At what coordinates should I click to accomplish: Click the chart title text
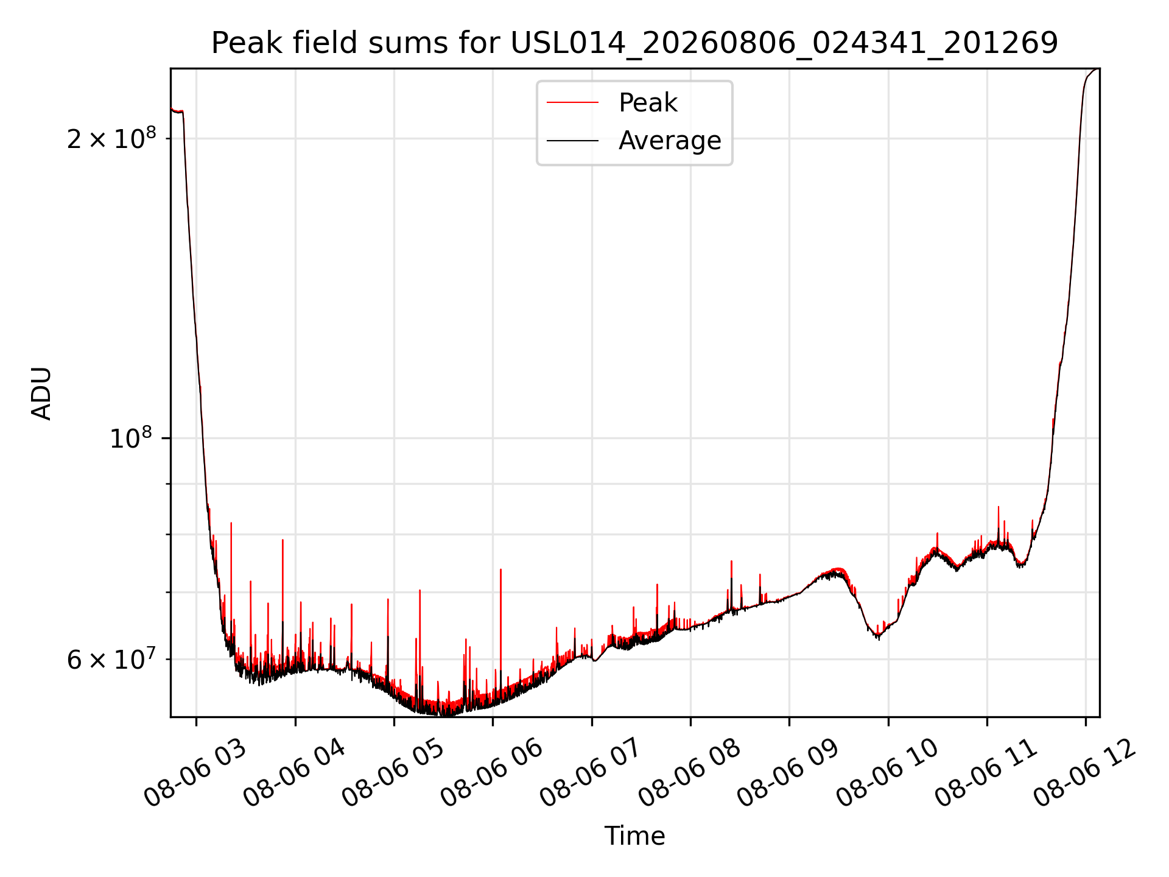(x=634, y=43)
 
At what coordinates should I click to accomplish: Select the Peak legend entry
(x=647, y=103)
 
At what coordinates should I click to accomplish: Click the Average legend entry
(x=670, y=141)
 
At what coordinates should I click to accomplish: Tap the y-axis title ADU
(x=41, y=393)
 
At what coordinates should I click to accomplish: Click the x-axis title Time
(x=634, y=836)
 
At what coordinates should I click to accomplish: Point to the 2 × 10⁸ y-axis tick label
(x=111, y=138)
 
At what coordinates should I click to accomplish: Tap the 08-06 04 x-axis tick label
(x=295, y=773)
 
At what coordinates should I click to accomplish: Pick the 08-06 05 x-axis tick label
(x=393, y=773)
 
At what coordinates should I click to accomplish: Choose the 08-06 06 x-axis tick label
(x=492, y=773)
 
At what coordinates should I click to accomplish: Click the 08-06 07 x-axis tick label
(x=591, y=773)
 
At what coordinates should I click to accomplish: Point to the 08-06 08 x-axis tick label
(x=690, y=773)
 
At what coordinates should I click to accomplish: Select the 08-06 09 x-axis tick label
(x=788, y=773)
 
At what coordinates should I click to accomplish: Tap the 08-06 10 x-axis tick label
(x=888, y=773)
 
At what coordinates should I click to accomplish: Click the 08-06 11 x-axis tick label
(x=986, y=773)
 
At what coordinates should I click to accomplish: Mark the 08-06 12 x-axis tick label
(x=1085, y=773)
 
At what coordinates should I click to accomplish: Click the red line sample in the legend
(x=572, y=103)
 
